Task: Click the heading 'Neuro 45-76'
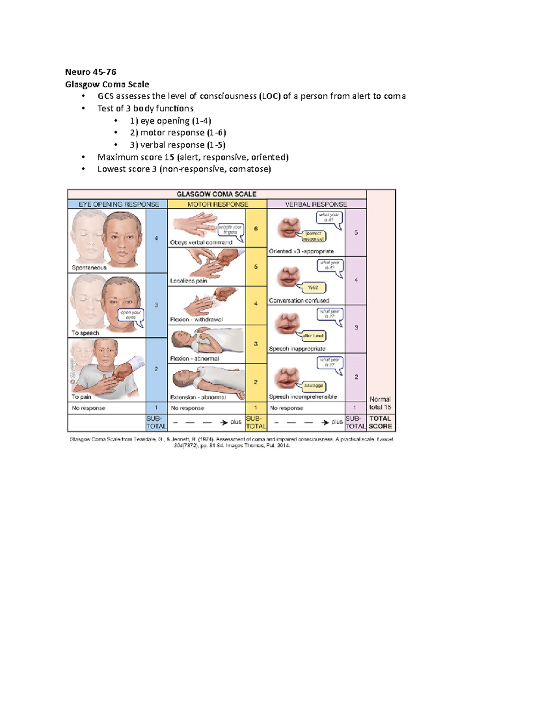[x=90, y=72]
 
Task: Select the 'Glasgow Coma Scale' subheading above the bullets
[x=107, y=84]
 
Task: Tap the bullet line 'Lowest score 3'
[x=184, y=169]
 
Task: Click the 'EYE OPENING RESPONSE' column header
[x=119, y=204]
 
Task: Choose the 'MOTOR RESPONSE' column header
[x=218, y=204]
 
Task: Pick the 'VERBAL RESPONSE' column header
[x=316, y=204]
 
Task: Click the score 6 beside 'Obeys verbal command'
[x=256, y=229]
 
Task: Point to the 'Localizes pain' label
[x=188, y=281]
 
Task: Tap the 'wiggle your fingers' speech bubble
[x=230, y=229]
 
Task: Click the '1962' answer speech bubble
[x=313, y=288]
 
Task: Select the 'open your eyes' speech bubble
[x=131, y=314]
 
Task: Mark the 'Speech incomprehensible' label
[x=303, y=396]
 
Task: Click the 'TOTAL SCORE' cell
[x=380, y=422]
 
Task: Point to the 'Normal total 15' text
[x=380, y=403]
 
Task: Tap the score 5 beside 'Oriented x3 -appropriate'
[x=356, y=233]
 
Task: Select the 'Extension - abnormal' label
[x=198, y=397]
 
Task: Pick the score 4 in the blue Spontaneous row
[x=156, y=238]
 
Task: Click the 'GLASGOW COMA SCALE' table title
[x=217, y=194]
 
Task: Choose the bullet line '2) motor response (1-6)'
[x=178, y=133]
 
